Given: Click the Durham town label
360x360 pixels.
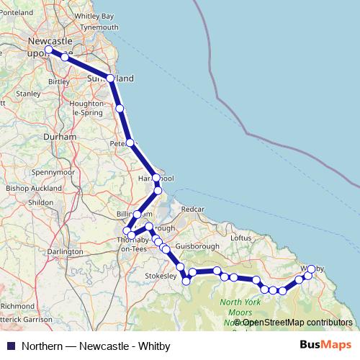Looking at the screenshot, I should (35, 135).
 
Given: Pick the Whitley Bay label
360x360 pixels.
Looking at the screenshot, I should (94, 16).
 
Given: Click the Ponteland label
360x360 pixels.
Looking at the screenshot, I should (18, 13).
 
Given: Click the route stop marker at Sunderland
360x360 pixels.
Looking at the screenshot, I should (110, 78).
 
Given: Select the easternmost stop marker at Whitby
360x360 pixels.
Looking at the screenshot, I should (311, 269).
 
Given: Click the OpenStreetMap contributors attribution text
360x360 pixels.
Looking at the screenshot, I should (294, 322).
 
